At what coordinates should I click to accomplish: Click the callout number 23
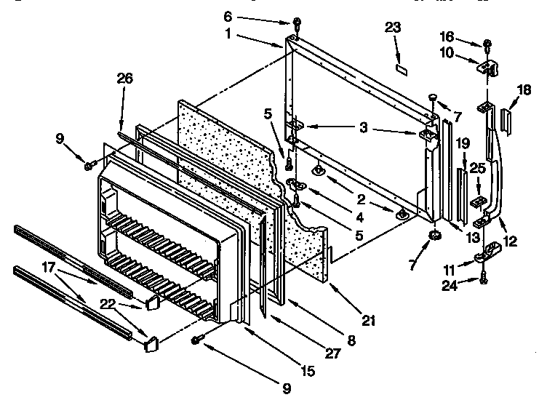point(393,28)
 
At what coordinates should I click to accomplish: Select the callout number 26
point(125,79)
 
